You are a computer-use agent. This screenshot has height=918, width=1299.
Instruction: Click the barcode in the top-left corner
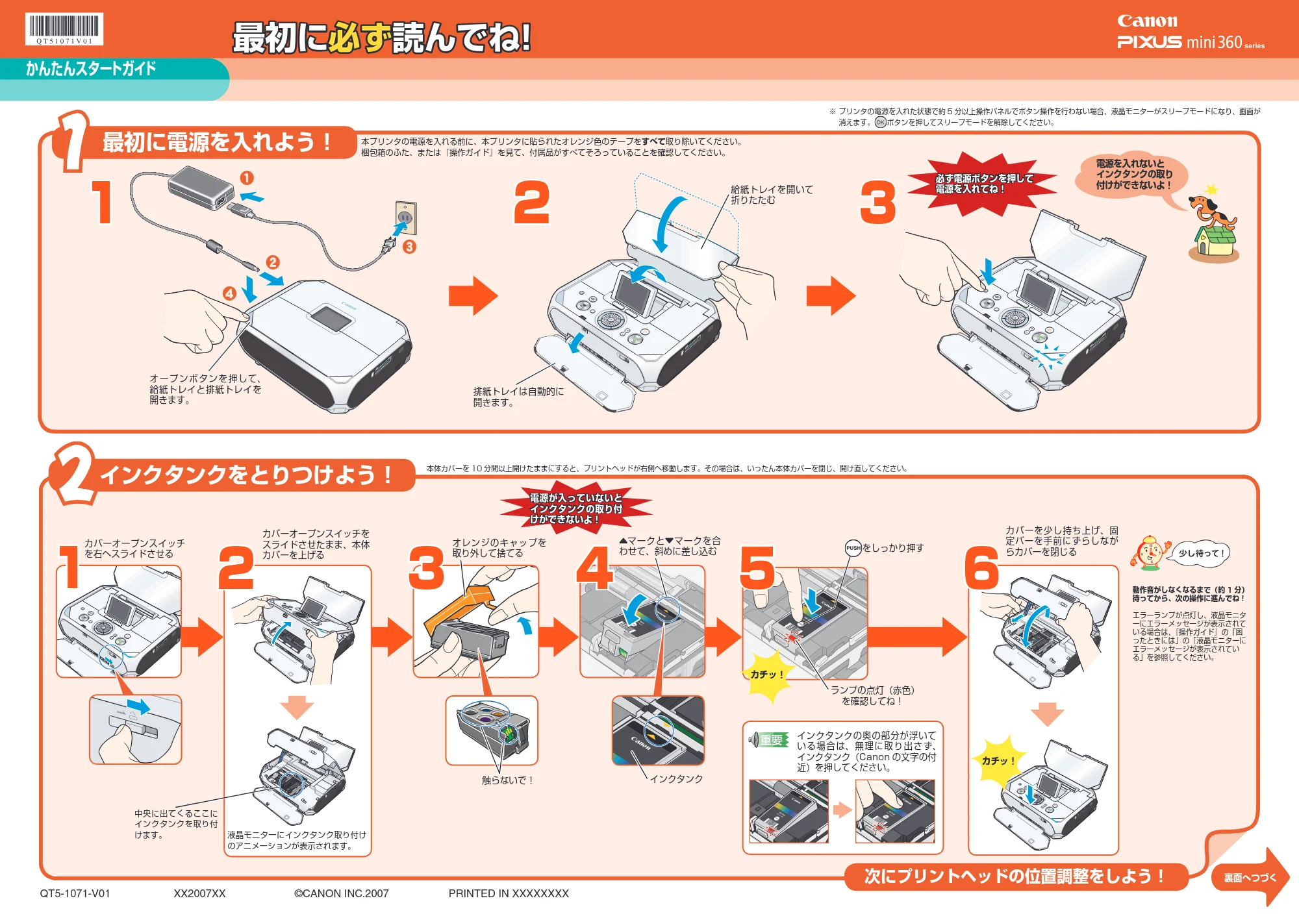click(64, 29)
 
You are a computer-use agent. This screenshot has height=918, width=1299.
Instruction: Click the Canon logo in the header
click(1147, 21)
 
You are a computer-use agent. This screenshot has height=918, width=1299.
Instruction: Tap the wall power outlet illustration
click(406, 217)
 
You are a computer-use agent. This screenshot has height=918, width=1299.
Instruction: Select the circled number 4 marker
click(229, 293)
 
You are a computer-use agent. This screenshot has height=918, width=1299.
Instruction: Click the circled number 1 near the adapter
click(247, 178)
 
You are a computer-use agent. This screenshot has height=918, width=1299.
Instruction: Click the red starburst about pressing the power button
click(983, 184)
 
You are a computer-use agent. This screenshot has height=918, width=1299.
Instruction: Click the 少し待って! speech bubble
click(1202, 553)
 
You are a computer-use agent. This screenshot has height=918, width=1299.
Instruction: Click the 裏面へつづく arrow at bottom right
click(1250, 877)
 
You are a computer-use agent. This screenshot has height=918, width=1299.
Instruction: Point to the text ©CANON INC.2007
click(342, 893)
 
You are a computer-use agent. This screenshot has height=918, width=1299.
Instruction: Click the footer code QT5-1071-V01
click(75, 893)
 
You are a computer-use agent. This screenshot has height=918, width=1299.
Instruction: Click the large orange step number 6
click(981, 567)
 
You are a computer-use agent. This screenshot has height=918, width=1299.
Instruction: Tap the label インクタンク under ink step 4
click(676, 778)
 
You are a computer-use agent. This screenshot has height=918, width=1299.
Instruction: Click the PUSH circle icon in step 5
click(853, 548)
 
